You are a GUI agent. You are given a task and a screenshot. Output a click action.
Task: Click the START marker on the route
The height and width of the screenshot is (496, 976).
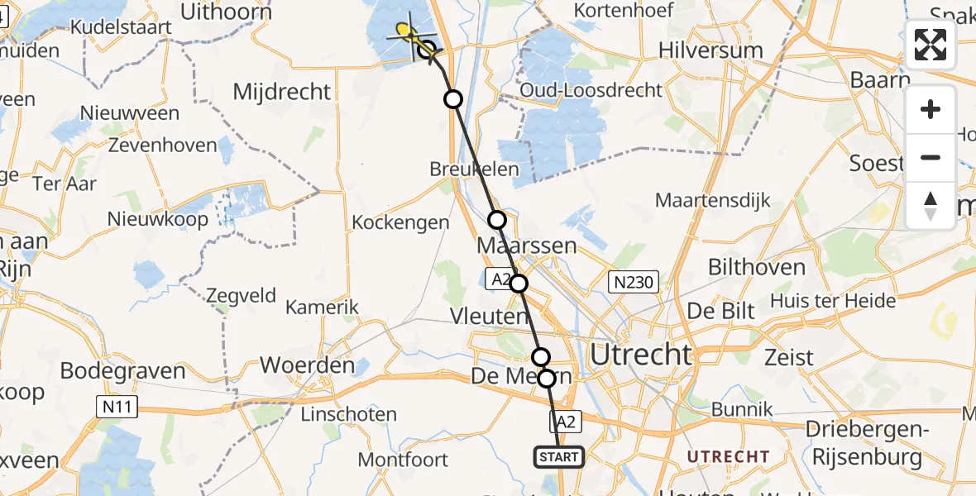pyautogui.click(x=559, y=457)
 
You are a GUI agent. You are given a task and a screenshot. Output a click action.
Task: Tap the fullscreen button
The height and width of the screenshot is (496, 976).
pyautogui.click(x=931, y=45)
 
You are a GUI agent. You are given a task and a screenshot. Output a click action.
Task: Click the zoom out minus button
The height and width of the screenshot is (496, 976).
pyautogui.click(x=931, y=157)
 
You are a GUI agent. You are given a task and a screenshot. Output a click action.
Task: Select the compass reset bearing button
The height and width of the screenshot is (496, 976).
pyautogui.click(x=931, y=205)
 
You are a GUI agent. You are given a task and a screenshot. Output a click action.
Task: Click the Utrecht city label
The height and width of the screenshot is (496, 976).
pyautogui.click(x=641, y=355)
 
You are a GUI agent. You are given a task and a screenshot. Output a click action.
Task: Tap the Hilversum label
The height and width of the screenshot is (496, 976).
pyautogui.click(x=710, y=50)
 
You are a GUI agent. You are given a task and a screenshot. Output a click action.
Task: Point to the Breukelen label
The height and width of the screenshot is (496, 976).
pyautogui.click(x=474, y=169)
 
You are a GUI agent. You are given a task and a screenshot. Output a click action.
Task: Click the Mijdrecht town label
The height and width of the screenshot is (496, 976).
pyautogui.click(x=281, y=92)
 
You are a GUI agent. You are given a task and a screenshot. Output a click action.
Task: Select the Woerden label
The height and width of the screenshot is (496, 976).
pyautogui.click(x=308, y=365)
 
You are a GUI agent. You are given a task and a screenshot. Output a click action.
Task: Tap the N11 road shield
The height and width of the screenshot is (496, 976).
pyautogui.click(x=117, y=407)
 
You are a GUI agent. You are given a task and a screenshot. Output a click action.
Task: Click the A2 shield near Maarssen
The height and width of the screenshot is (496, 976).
pyautogui.click(x=500, y=280)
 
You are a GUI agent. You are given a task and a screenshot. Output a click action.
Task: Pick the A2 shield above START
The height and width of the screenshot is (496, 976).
pyautogui.click(x=566, y=422)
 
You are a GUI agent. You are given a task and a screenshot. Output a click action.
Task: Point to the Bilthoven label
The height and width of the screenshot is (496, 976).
pyautogui.click(x=757, y=267)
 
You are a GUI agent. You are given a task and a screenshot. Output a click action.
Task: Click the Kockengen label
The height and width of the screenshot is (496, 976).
pyautogui.click(x=400, y=222)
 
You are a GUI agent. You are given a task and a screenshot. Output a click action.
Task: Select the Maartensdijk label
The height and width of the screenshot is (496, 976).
pyautogui.click(x=712, y=200)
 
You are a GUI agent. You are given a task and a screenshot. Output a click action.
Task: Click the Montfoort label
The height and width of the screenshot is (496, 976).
pyautogui.click(x=403, y=459)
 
